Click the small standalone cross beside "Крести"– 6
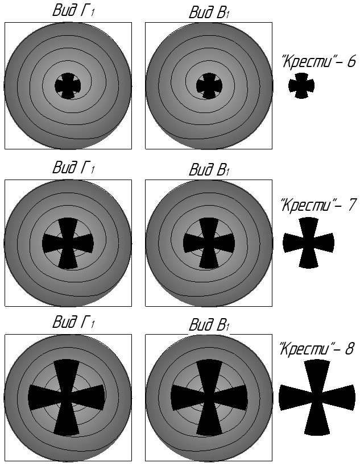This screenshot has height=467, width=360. [301, 86]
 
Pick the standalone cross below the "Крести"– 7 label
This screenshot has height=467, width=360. [308, 243]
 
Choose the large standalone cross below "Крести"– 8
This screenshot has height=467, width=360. [317, 397]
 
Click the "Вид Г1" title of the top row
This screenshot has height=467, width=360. [73, 11]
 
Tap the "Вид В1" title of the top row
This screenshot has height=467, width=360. [208, 12]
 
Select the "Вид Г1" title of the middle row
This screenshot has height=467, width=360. [73, 168]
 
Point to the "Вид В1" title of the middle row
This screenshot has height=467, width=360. [208, 169]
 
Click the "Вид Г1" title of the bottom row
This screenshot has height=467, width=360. [73, 323]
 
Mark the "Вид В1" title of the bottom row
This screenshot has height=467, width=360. [208, 324]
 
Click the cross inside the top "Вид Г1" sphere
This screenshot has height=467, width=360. [68, 86]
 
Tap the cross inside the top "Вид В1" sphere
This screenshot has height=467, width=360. [208, 86]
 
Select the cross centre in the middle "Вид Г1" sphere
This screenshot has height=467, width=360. [68, 243]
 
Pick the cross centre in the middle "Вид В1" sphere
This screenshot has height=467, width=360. [208, 243]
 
